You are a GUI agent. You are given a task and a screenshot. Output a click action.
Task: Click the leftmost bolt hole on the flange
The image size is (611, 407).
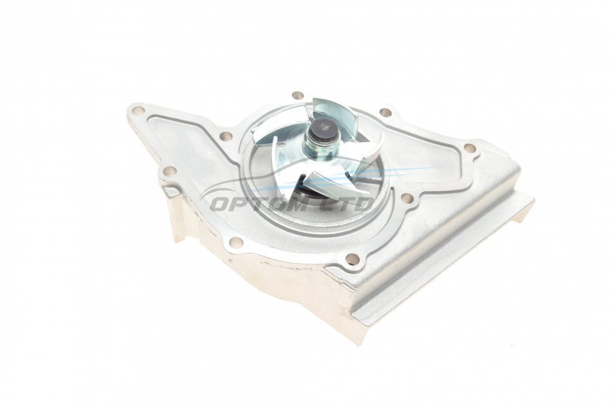click(138, 110)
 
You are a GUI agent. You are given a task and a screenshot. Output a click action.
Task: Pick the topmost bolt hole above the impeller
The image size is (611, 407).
click(298, 96)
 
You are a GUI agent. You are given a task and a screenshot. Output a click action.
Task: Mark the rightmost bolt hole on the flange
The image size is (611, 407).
click(470, 148)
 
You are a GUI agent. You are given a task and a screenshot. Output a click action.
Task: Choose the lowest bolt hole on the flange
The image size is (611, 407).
click(352, 258)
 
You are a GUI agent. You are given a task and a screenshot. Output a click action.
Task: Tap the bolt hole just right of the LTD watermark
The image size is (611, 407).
click(407, 198)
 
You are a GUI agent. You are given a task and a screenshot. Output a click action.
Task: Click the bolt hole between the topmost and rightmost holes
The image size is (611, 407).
click(385, 113)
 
